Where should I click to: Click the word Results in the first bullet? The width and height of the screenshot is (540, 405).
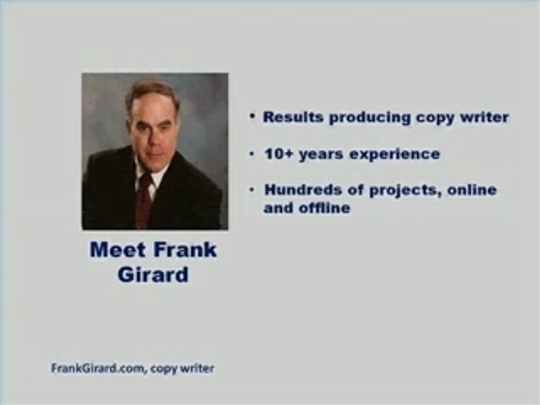click(x=293, y=117)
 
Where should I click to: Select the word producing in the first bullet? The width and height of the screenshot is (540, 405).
click(x=370, y=118)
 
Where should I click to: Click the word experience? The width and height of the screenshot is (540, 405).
click(x=395, y=155)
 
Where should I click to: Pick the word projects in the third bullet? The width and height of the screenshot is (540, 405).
click(x=406, y=191)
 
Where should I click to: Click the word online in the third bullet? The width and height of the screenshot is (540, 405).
click(x=472, y=190)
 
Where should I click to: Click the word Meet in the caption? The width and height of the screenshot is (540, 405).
click(x=118, y=250)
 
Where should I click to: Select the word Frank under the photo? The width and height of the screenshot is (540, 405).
click(x=185, y=250)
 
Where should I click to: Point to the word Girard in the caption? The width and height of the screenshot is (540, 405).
click(x=153, y=274)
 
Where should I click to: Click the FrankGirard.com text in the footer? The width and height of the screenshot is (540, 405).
click(x=97, y=368)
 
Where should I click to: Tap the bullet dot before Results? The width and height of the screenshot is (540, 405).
click(x=253, y=117)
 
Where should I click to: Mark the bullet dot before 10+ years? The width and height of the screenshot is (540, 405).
click(x=253, y=154)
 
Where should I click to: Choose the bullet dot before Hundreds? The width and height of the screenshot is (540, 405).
click(x=253, y=190)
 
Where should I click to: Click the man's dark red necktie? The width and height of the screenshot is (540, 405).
click(x=143, y=201)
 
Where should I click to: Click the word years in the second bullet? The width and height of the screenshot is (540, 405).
click(x=321, y=155)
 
